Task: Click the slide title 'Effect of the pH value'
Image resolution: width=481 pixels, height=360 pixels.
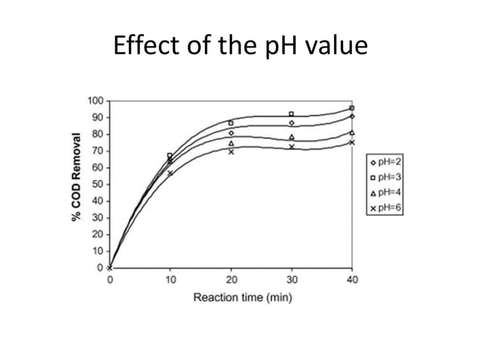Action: coord(240,47)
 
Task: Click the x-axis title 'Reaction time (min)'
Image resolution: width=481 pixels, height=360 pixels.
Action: coord(243,297)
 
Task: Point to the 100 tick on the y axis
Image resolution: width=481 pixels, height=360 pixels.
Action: coord(95,101)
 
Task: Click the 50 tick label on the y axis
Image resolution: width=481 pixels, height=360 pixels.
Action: coord(97,185)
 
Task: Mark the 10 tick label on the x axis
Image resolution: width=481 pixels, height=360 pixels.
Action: coord(170,279)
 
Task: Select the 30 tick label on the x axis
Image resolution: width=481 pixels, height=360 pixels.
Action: coord(291,279)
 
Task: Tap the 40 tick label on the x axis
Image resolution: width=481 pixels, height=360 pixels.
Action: coord(352,279)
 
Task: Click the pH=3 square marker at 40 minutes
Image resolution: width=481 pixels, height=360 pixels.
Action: coord(352,108)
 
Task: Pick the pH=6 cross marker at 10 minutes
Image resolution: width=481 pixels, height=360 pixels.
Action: coord(170,173)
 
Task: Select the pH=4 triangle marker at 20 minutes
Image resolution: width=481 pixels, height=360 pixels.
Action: coord(231,143)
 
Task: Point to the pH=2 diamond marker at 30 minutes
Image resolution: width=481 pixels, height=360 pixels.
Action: coord(291,123)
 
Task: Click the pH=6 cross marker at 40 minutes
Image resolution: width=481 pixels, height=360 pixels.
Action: coord(352,142)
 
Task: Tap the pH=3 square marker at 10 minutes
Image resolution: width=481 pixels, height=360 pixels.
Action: coord(170,156)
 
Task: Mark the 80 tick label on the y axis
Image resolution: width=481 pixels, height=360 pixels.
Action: coord(97,134)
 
